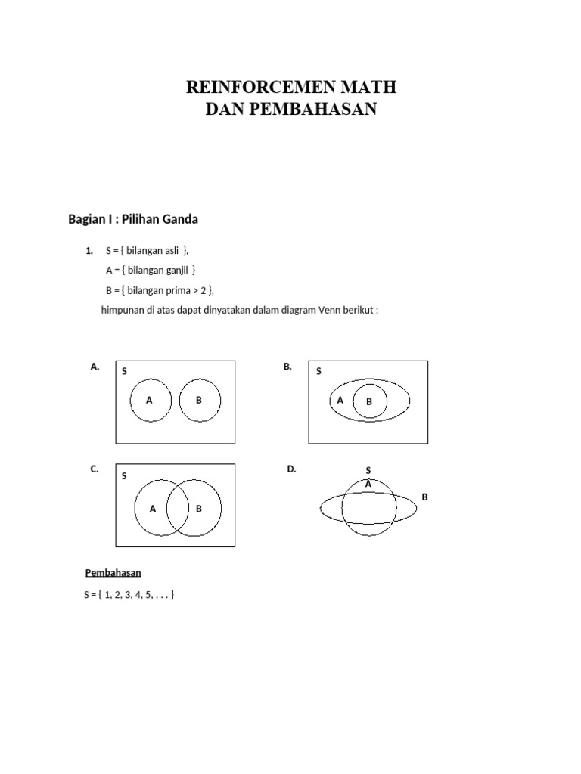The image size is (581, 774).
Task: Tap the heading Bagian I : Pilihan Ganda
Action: click(133, 219)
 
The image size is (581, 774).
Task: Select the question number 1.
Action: click(89, 251)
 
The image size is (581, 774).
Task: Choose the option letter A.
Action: click(95, 367)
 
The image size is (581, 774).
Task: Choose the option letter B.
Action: click(287, 367)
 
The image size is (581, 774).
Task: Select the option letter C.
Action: click(95, 469)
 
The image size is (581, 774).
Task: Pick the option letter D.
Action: click(291, 469)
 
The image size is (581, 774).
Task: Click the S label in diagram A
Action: click(124, 372)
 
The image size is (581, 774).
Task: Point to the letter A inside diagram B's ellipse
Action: click(340, 401)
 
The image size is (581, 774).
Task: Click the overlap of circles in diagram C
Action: click(178, 508)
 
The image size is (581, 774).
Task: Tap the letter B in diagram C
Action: click(199, 509)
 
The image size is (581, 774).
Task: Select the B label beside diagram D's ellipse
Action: click(424, 497)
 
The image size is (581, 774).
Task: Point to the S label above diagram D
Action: click(368, 471)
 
